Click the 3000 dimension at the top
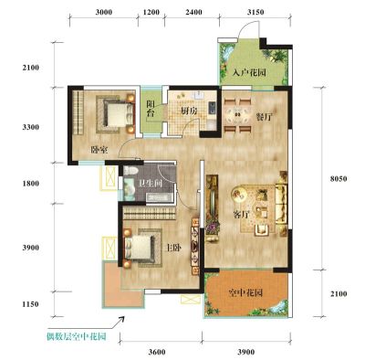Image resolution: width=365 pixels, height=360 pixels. coord(104,13)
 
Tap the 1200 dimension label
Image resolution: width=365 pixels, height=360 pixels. coord(151,13)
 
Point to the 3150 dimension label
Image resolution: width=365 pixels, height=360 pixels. coord(255,13)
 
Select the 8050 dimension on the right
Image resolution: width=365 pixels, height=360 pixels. coord(339,179)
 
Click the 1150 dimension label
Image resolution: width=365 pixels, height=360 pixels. coord(30,304)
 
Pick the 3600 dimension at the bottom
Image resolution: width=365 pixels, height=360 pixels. coord(157,353)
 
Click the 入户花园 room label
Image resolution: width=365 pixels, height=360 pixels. coord(249,73)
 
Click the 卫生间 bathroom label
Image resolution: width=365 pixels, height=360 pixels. coord(151,184)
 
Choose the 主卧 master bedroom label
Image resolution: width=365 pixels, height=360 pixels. coord(173,249)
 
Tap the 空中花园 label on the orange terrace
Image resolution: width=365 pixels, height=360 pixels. coord(245,293)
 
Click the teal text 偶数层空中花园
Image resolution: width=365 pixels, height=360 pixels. coord(77,337)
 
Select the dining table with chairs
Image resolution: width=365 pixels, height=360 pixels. coord(238,115)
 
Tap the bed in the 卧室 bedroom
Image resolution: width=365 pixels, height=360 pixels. coord(116,114)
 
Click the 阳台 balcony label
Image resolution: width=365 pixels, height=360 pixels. coord(151,109)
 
